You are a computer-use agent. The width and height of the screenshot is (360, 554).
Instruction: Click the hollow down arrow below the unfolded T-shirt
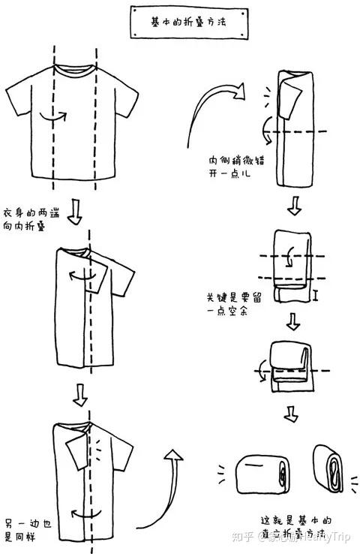pyautogui.click(x=74, y=213)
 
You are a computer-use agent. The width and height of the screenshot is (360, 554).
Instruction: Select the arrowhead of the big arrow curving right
pyautogui.click(x=238, y=92)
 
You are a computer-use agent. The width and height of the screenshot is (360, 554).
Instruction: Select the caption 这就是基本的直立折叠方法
pyautogui.click(x=296, y=525)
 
